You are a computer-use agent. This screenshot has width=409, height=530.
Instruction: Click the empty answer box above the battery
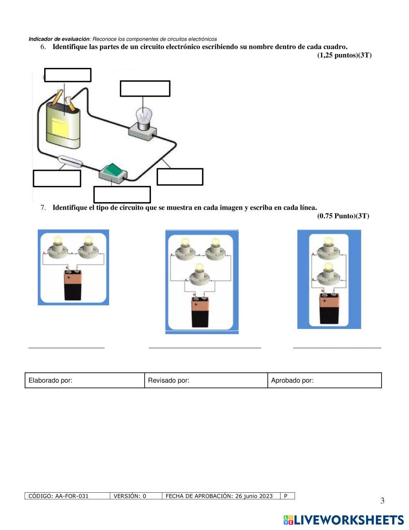67,75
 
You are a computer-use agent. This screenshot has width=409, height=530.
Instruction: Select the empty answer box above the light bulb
145,88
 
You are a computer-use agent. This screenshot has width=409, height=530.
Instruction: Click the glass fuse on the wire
70,161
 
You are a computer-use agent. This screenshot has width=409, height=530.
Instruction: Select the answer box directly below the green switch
122,195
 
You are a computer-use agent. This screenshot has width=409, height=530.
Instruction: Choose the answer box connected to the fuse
57,178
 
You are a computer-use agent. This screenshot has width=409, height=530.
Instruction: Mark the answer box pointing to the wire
180,177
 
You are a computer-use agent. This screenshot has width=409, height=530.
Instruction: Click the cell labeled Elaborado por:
85,380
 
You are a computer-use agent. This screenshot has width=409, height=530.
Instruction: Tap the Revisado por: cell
206,380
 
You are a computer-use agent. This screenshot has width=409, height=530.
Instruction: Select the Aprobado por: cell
324,380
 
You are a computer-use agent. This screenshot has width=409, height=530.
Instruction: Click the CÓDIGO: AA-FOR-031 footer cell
67,496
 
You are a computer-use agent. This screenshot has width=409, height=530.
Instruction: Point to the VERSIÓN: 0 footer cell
136,496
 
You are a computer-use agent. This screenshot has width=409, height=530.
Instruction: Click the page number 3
382,501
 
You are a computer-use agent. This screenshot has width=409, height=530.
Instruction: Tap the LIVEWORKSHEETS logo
343,520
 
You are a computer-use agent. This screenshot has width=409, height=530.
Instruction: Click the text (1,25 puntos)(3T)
344,55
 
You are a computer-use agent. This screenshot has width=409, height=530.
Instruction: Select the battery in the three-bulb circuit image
202,312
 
